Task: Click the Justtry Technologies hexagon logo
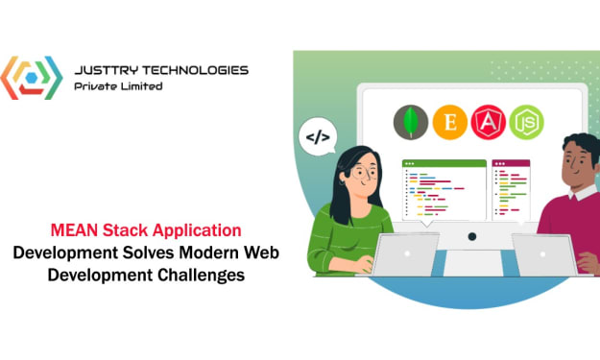tap(32, 78)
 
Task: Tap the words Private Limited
tap(118, 86)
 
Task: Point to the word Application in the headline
tap(197, 231)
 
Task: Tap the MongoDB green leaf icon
tap(411, 123)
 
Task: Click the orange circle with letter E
tap(449, 123)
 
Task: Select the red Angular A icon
tap(488, 123)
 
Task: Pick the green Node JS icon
tap(526, 123)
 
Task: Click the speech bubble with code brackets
tap(318, 136)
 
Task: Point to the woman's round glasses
tap(363, 173)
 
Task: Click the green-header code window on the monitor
tap(444, 190)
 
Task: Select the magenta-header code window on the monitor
tap(511, 190)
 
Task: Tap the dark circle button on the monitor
tap(472, 236)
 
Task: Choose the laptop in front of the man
tap(545, 255)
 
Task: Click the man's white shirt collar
tap(584, 192)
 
